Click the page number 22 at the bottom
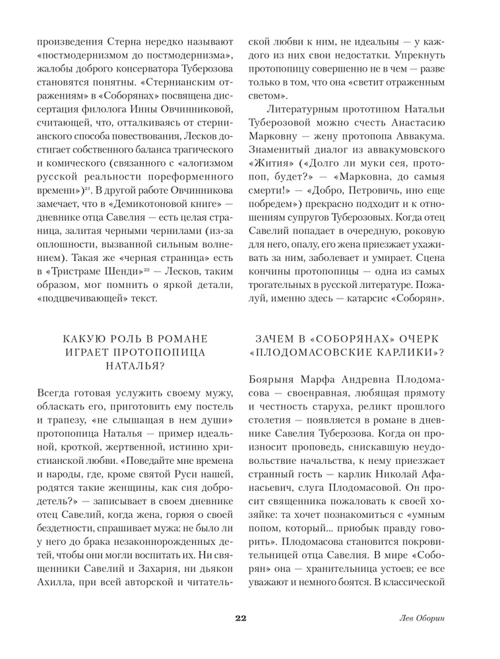pyautogui.click(x=240, y=617)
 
